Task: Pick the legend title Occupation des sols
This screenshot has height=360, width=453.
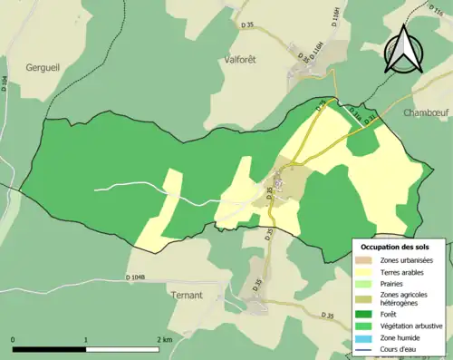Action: [395, 247]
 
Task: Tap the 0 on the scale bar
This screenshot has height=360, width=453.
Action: [13, 339]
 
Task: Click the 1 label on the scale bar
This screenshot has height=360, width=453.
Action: [87, 339]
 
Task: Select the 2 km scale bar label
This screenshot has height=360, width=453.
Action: [165, 339]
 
